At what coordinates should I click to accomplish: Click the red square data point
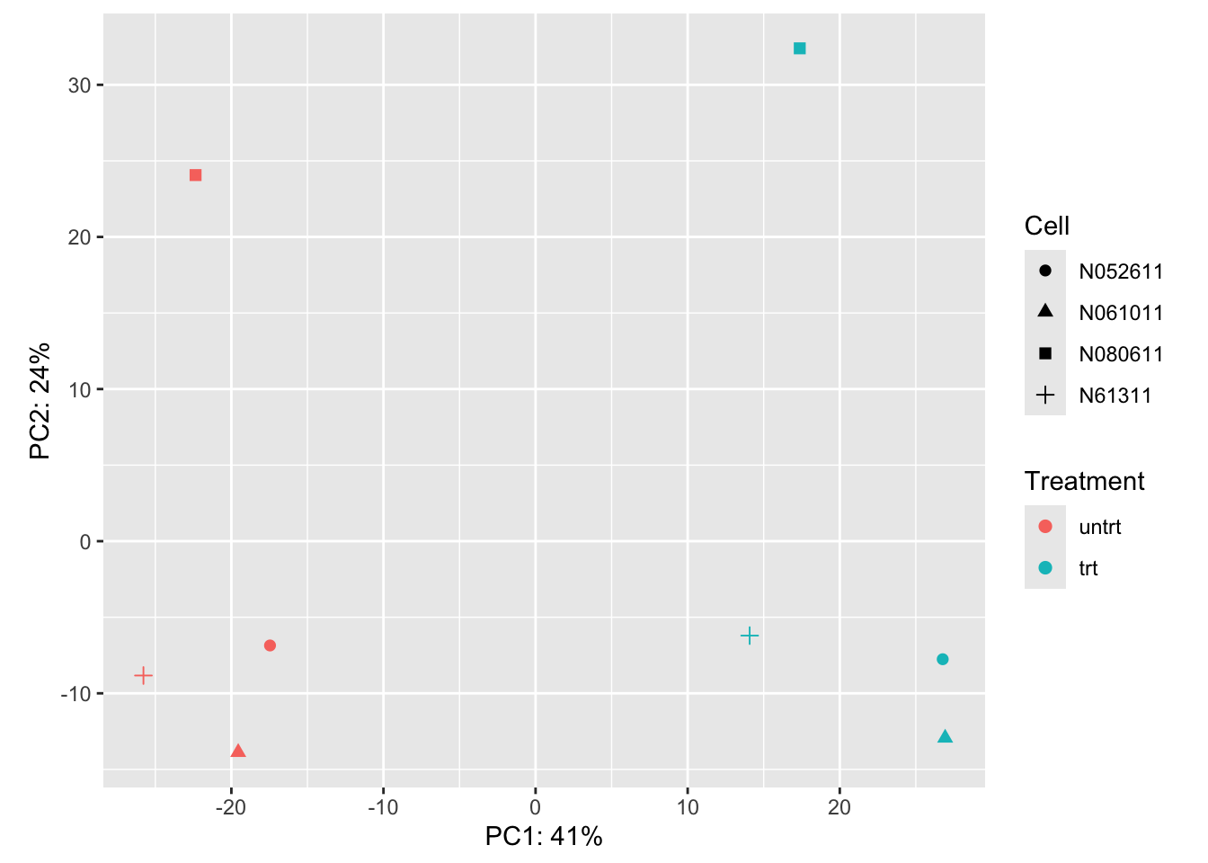tap(195, 175)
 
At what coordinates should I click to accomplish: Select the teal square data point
tap(799, 49)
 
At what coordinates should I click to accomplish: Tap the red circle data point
tap(270, 645)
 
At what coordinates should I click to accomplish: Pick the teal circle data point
tap(942, 659)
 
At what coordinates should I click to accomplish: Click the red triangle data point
tap(238, 752)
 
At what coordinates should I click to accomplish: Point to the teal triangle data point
tap(945, 737)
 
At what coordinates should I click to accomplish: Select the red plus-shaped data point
tap(143, 675)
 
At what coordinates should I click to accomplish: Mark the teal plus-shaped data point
tap(750, 636)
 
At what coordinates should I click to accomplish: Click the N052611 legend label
tap(1121, 271)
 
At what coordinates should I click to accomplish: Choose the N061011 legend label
tap(1121, 313)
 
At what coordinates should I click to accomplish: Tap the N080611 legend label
tap(1121, 354)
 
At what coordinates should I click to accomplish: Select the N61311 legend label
tap(1115, 396)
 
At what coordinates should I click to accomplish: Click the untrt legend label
tap(1099, 527)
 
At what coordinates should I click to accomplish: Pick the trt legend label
tap(1088, 568)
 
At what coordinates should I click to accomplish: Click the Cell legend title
tap(1046, 226)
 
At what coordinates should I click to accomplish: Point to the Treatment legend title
tap(1084, 481)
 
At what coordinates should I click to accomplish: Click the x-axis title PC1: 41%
tap(544, 836)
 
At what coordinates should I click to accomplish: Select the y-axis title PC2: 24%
tap(40, 401)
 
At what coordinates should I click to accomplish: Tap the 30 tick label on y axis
tap(79, 85)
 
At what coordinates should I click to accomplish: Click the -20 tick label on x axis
tap(231, 807)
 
